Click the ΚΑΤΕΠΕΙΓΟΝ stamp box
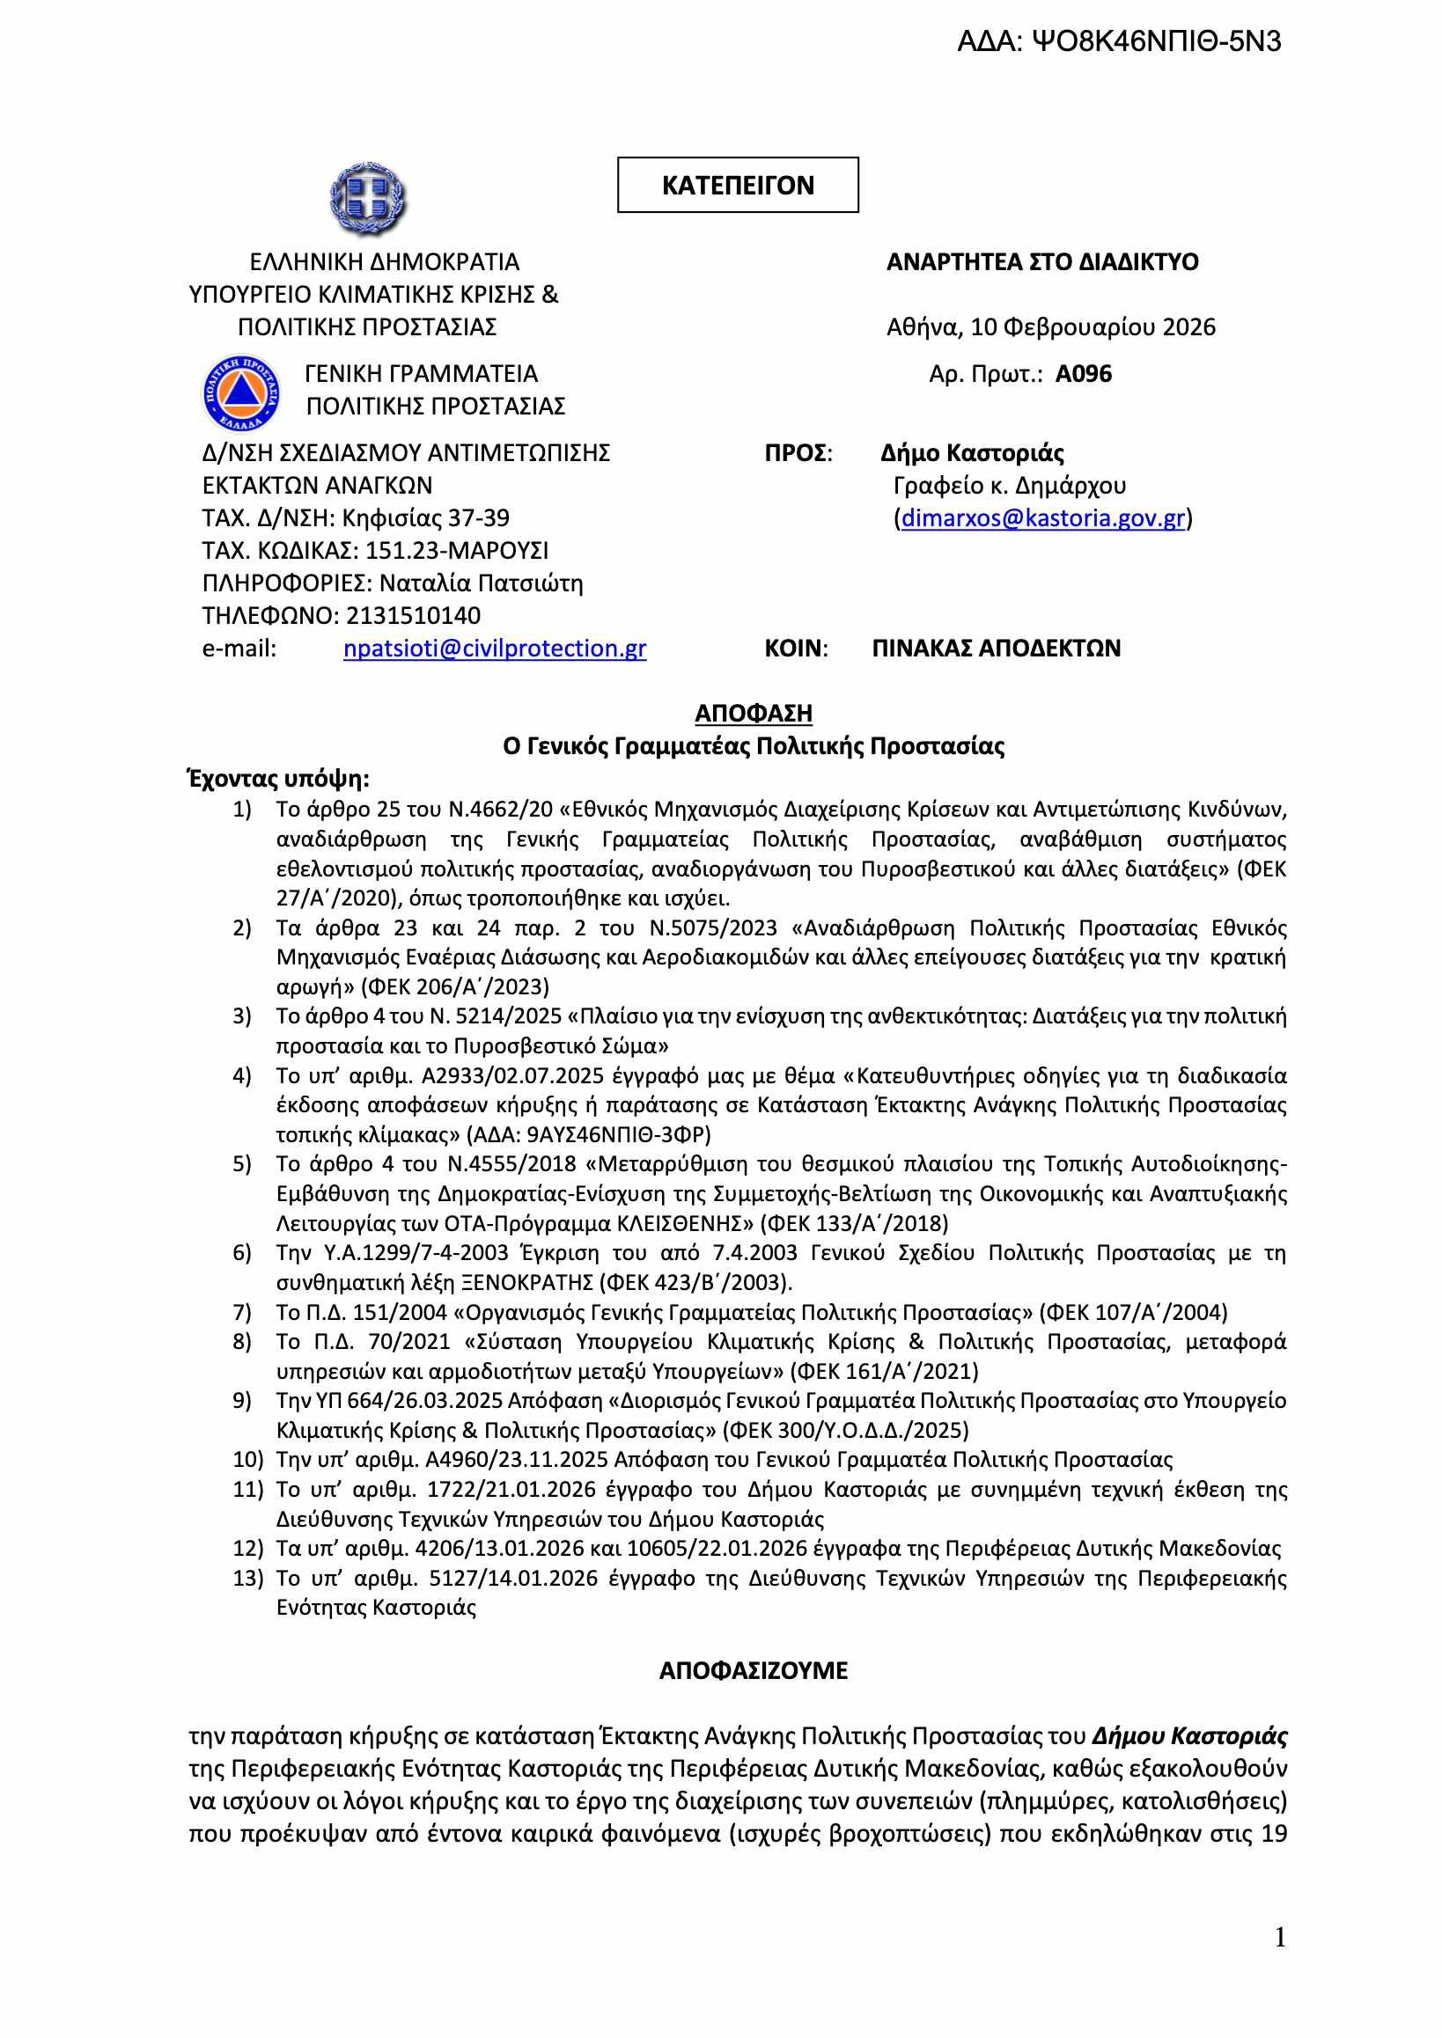click(737, 185)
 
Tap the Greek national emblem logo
click(368, 198)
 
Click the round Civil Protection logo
click(240, 392)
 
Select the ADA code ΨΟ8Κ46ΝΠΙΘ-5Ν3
click(1118, 41)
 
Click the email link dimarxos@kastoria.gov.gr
click(1042, 518)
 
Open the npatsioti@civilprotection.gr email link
click(495, 649)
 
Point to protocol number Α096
click(1084, 374)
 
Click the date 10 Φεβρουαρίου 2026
click(1093, 327)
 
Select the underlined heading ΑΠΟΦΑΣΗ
click(753, 713)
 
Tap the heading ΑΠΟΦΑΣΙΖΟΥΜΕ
click(753, 1670)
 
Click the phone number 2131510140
click(413, 616)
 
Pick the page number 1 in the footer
click(1279, 1937)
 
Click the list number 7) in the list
click(242, 1312)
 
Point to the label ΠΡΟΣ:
click(798, 453)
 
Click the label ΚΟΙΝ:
click(796, 649)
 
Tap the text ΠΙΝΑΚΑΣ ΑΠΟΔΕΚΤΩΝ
click(996, 649)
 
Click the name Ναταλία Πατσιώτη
click(481, 583)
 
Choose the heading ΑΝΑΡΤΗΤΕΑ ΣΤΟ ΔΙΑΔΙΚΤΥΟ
click(1041, 262)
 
